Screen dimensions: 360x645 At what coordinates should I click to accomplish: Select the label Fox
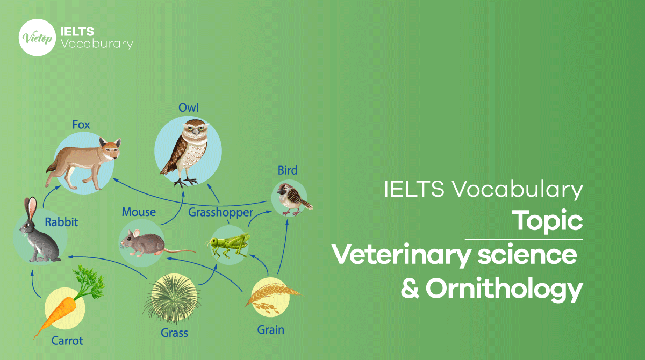(x=81, y=125)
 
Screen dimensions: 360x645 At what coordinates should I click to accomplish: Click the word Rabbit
(x=61, y=221)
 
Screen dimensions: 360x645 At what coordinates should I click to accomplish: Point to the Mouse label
(x=139, y=212)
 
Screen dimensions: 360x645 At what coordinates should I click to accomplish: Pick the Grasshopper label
(x=220, y=212)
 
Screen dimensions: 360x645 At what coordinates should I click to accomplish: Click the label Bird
(x=288, y=171)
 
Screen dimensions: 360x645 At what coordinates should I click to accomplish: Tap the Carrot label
(x=67, y=340)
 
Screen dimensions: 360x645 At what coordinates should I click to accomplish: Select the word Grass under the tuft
(x=174, y=333)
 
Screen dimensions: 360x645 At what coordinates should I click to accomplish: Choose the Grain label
(x=270, y=329)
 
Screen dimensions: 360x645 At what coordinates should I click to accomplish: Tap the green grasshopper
(x=228, y=244)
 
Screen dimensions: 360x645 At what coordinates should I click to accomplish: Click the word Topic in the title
(x=547, y=220)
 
